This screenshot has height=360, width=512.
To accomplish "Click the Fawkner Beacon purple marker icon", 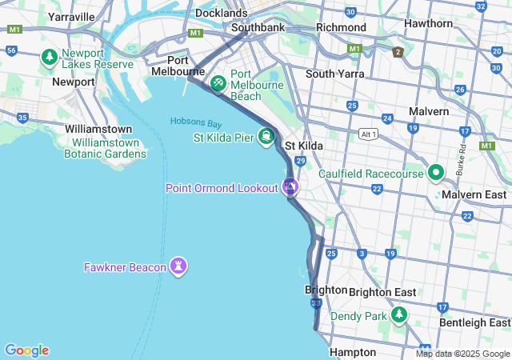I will coord(178,266).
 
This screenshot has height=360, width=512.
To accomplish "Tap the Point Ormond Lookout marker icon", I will coord(290,188).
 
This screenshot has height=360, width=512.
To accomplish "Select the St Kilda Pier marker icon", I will coord(265,137).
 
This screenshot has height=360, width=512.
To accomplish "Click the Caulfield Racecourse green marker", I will coord(436,173).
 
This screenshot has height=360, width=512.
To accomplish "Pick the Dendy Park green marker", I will coord(399,316).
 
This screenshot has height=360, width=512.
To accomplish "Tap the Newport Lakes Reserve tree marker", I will coord(50,57).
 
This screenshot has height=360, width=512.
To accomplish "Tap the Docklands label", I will coord(222,14).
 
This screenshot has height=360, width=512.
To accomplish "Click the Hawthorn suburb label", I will coord(428,23).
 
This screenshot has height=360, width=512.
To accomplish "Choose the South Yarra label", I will coord(334,74).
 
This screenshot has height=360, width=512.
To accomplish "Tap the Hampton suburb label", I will coord(352,352).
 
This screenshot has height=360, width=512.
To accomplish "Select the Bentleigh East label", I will coord(478,322).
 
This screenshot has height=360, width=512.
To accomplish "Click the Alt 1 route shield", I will coord(368,134).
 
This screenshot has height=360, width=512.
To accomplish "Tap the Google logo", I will coord(26,350).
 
